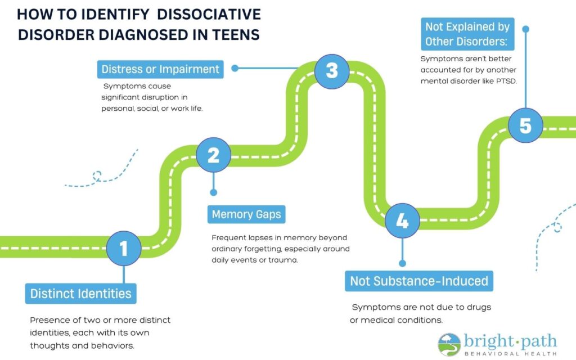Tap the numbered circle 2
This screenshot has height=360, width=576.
pyautogui.click(x=213, y=155)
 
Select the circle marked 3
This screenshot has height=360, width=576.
pyautogui.click(x=331, y=70)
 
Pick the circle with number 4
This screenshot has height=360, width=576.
pyautogui.click(x=402, y=221)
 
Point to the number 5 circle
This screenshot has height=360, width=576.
pyautogui.click(x=525, y=125)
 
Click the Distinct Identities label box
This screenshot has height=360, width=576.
pyautogui.click(x=80, y=293)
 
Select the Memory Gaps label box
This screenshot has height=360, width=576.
pyautogui.click(x=246, y=214)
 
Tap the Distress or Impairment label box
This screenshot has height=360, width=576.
pyautogui.click(x=160, y=69)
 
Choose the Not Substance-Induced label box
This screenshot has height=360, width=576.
pyautogui.click(x=418, y=280)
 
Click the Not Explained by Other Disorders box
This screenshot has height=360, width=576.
pyautogui.click(x=467, y=34)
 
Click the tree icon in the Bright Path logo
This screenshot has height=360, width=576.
pyautogui.click(x=449, y=344)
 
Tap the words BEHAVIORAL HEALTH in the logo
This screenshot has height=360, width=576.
pyautogui.click(x=510, y=353)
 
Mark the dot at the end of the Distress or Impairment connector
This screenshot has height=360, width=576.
pyautogui.click(x=235, y=69)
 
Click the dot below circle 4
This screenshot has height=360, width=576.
pyautogui.click(x=402, y=263)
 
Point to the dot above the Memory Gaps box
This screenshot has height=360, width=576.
pyautogui.click(x=213, y=192)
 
